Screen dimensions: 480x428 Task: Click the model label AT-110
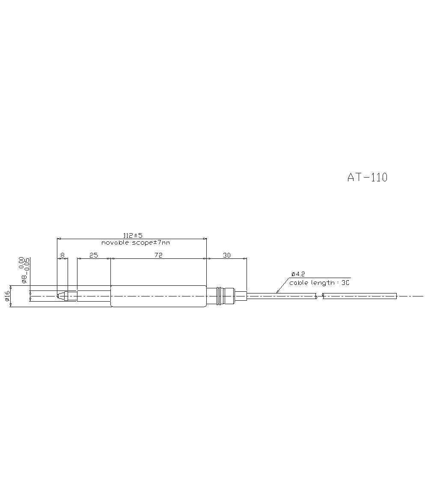pyautogui.click(x=367, y=178)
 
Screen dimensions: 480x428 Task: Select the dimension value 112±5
pyautogui.click(x=132, y=236)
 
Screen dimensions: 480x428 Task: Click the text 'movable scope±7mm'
pyautogui.click(x=135, y=243)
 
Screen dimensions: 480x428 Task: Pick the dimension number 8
pyautogui.click(x=62, y=255)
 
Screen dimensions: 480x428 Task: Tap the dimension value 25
pyautogui.click(x=93, y=255)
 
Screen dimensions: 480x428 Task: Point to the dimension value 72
pyautogui.click(x=158, y=255)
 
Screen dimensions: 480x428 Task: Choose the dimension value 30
pyautogui.click(x=227, y=255)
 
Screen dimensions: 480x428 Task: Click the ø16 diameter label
pyautogui.click(x=7, y=296)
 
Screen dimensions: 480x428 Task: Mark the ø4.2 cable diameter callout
pyautogui.click(x=297, y=274)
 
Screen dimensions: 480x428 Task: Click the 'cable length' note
pyautogui.click(x=319, y=283)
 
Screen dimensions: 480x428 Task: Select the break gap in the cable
pyautogui.click(x=320, y=296)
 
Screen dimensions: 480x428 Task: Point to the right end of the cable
pyautogui.click(x=396, y=296)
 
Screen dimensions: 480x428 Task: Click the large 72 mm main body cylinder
pyautogui.click(x=158, y=296)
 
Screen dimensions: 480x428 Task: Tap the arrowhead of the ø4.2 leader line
pyautogui.click(x=277, y=292)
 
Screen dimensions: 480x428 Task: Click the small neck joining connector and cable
pyautogui.click(x=241, y=296)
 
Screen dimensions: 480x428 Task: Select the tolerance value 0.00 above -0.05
pyautogui.click(x=21, y=262)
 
